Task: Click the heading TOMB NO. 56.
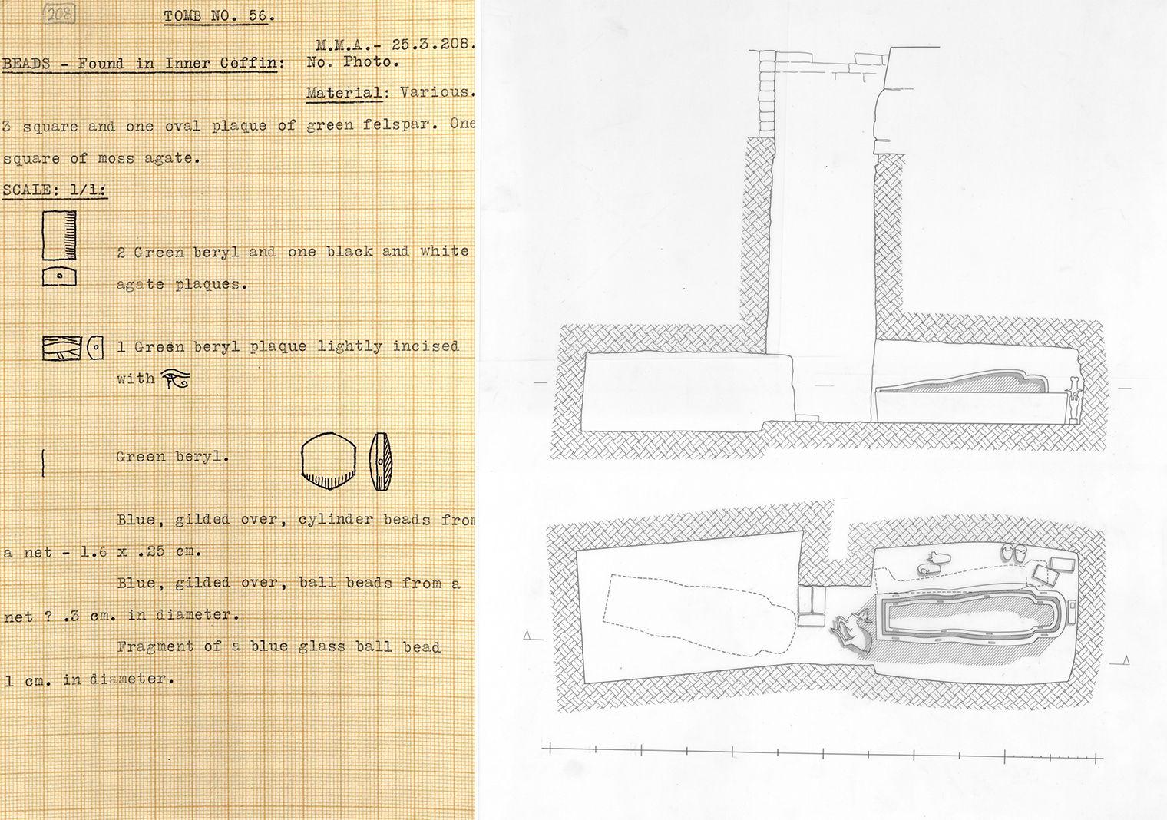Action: point(220,16)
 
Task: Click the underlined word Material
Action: point(344,93)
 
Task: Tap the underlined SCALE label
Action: point(55,190)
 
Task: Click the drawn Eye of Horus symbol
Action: point(176,379)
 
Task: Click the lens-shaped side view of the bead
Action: point(380,461)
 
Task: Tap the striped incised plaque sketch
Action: point(62,349)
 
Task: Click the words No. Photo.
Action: point(352,63)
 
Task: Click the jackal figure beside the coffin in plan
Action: point(849,630)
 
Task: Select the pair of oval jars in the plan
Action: point(1016,552)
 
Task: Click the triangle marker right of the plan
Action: point(1125,660)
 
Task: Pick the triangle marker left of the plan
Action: point(528,635)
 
